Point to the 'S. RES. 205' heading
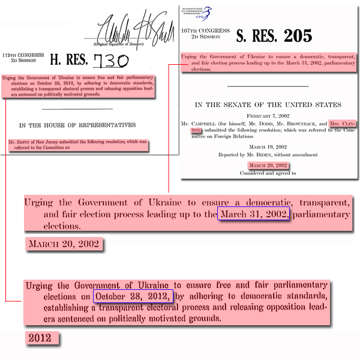(275, 36)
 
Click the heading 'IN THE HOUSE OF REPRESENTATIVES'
(77, 125)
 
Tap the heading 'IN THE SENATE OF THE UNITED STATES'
(268, 104)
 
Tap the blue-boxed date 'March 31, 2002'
(254, 214)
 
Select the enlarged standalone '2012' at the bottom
(43, 338)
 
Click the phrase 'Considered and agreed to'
(268, 173)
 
